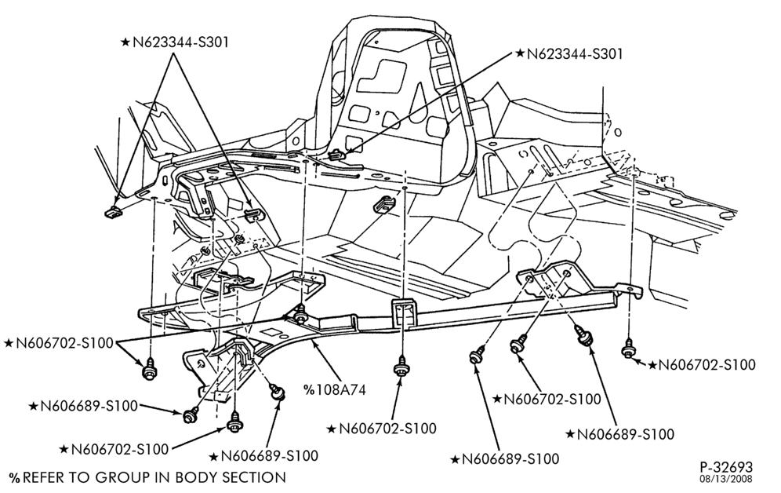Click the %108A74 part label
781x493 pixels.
tap(335, 389)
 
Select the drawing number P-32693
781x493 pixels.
tap(725, 468)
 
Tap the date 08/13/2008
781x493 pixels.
tap(727, 480)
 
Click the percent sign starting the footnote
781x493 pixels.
tap(15, 477)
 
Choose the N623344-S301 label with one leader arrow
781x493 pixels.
tap(568, 54)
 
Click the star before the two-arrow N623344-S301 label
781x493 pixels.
tap(125, 42)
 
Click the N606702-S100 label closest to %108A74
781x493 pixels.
tap(382, 428)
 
